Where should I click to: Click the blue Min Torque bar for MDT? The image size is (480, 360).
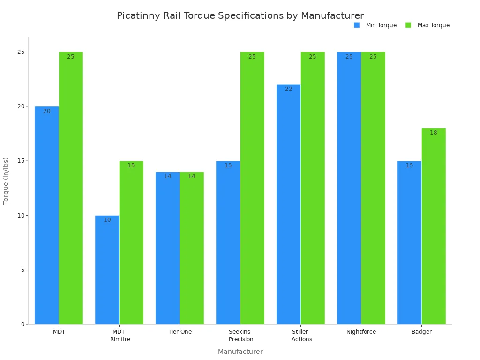click(x=46, y=215)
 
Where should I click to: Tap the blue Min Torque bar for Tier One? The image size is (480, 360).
click(x=167, y=248)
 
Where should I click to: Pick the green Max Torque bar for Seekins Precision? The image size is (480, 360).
click(x=252, y=188)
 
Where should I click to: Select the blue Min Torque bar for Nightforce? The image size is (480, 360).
click(x=349, y=188)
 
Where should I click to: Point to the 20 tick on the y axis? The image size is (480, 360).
click(x=21, y=106)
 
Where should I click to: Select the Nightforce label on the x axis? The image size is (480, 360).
click(x=361, y=332)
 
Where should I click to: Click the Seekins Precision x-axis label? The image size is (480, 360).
click(x=240, y=336)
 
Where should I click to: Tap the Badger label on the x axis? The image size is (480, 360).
click(x=421, y=332)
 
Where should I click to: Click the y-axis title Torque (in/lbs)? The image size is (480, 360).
click(x=6, y=180)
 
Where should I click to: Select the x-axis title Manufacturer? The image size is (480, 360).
click(x=240, y=352)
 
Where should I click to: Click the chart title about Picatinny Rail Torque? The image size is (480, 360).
click(x=240, y=15)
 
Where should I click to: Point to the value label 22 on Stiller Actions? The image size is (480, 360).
click(x=288, y=89)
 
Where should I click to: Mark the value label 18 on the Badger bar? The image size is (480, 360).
click(x=434, y=133)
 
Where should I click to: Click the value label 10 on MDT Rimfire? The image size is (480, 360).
click(x=107, y=220)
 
